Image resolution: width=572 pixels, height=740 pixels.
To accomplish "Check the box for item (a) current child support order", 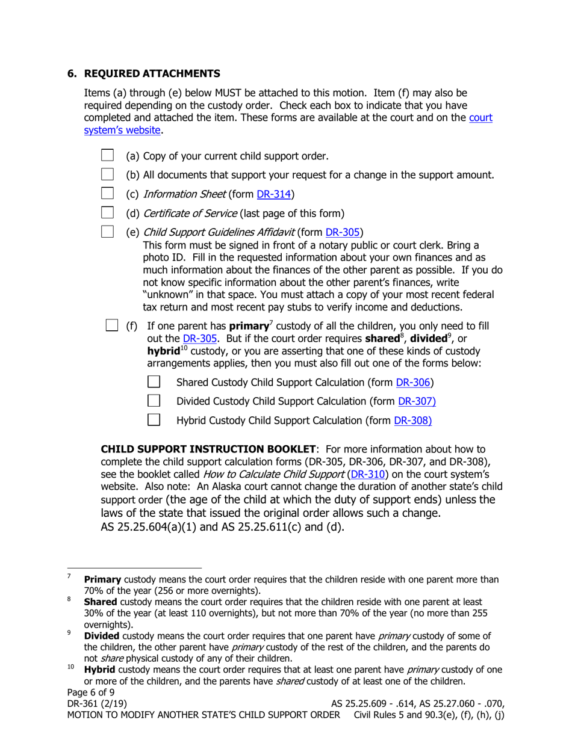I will click(x=107, y=155).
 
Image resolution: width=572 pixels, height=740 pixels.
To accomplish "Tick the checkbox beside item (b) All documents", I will click(x=107, y=174).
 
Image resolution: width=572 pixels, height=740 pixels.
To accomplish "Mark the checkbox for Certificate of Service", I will click(x=107, y=212).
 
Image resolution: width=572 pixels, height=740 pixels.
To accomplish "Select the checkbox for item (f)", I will click(x=112, y=325).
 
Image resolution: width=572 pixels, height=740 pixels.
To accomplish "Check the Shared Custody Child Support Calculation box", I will click(x=154, y=382).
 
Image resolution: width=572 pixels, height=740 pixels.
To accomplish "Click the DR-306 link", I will click(x=414, y=383).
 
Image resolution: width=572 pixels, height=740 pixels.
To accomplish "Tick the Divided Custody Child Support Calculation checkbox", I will click(x=154, y=401).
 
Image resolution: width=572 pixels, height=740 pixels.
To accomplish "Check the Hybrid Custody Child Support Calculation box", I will click(x=154, y=420).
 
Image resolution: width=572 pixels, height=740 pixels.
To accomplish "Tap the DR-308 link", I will click(x=412, y=421).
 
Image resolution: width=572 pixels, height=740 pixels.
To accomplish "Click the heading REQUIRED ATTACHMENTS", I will click(x=152, y=73).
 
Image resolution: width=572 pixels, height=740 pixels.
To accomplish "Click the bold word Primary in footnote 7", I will click(x=102, y=580).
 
